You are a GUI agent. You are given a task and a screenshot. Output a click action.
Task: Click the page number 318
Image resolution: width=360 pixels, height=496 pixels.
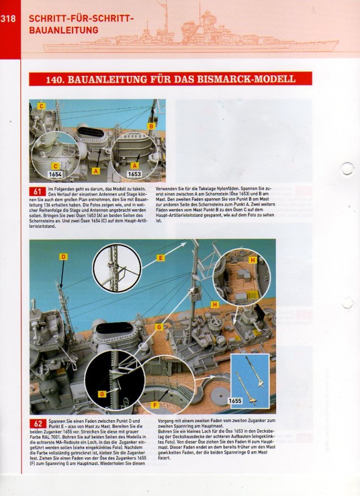tap(8, 19)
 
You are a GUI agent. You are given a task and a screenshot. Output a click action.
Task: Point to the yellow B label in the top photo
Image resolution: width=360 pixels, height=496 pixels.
tap(151, 127)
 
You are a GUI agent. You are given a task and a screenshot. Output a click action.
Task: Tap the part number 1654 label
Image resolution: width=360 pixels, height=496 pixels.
tap(56, 175)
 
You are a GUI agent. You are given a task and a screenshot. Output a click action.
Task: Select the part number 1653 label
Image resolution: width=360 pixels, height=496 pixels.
tap(134, 175)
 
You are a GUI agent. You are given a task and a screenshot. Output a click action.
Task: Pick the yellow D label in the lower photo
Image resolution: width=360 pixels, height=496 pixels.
tap(63, 257)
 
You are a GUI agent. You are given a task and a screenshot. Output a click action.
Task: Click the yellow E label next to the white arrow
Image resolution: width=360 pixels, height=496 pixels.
tap(161, 258)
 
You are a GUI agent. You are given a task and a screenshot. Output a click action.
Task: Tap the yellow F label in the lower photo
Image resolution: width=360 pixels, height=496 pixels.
tap(155, 404)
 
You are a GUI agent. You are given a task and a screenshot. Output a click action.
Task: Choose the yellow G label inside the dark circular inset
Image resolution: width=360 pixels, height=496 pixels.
tap(102, 394)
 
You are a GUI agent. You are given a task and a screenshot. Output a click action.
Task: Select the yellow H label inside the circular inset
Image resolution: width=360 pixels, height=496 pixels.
tap(253, 260)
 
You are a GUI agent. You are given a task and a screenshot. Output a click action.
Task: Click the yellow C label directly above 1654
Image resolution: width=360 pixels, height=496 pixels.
tap(55, 166)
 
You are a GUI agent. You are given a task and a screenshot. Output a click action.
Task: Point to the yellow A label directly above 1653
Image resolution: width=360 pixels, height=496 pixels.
tap(134, 166)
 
